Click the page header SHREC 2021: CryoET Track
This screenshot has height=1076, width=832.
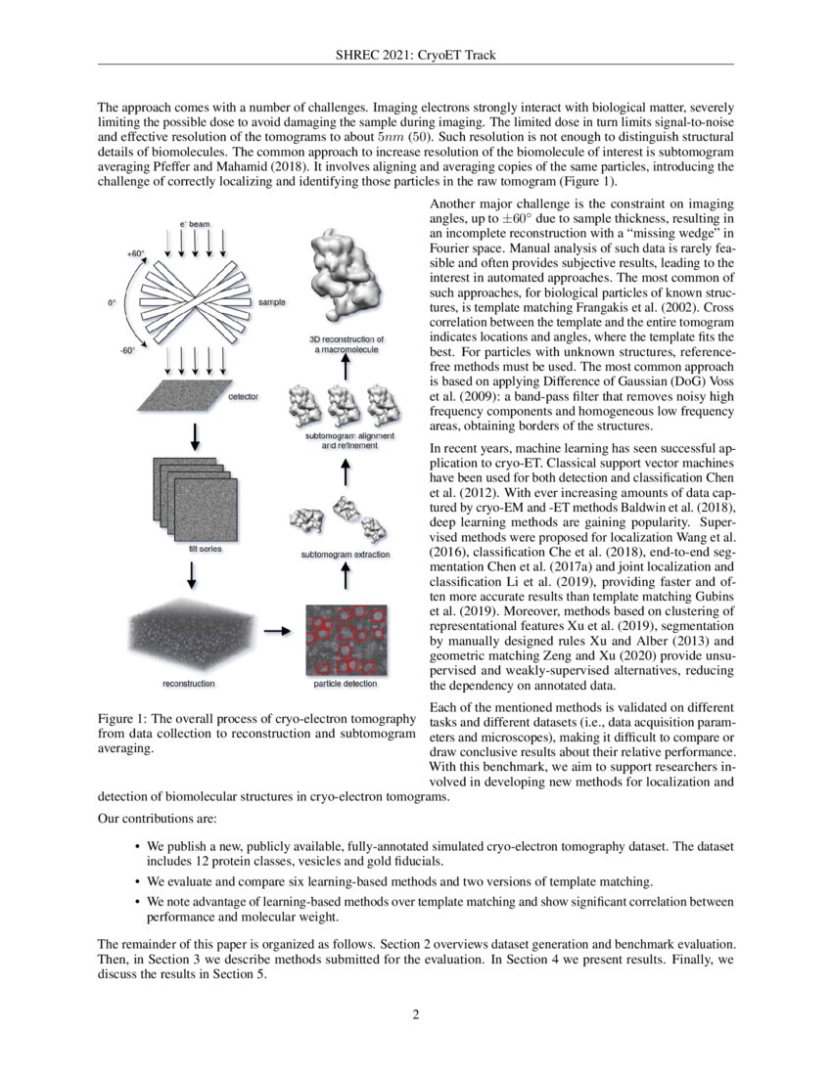[x=415, y=54]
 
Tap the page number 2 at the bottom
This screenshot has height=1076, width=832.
[x=415, y=1013]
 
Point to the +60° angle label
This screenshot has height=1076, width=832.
[x=136, y=253]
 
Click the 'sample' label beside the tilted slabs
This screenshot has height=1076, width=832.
[x=271, y=303]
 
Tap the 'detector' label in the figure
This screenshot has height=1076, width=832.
[x=244, y=397]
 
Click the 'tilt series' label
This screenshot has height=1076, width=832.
[x=205, y=550]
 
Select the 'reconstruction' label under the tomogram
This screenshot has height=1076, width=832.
[x=189, y=683]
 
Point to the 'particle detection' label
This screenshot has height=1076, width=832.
[x=338, y=683]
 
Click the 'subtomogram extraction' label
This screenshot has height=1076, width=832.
[x=346, y=555]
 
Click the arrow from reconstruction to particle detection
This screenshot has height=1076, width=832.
[x=278, y=631]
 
